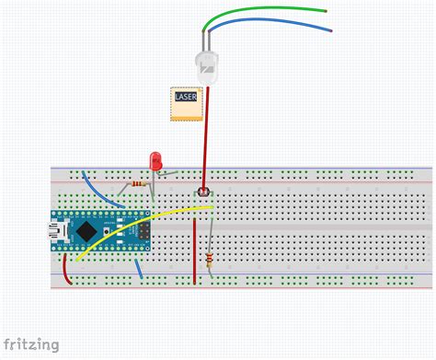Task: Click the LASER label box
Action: tap(185, 103)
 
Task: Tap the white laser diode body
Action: tap(207, 67)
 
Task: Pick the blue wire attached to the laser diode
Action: tap(276, 23)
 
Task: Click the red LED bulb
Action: tap(155, 160)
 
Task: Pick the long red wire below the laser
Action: tap(205, 138)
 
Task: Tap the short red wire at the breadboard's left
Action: tap(66, 271)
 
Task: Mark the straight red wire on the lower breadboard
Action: tap(195, 249)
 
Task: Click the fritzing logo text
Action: tap(30, 345)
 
